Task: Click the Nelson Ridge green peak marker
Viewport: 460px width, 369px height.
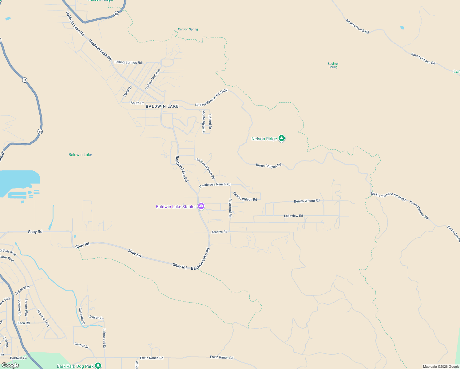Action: click(281, 138)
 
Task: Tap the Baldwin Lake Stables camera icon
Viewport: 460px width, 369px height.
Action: click(201, 206)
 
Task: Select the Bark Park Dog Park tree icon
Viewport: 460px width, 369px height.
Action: click(98, 365)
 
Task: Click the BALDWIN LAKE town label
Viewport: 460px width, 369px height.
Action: click(162, 106)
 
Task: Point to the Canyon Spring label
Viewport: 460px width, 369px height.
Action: click(188, 29)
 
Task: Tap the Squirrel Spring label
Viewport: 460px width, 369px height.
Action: click(333, 65)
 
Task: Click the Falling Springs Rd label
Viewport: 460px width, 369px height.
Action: click(128, 62)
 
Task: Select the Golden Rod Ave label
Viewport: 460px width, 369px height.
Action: click(153, 79)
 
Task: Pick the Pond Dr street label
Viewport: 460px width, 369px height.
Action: click(127, 92)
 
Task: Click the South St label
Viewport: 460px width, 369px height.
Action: click(137, 103)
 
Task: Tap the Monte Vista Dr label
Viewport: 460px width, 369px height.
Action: click(204, 122)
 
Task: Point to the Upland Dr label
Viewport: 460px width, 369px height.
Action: click(210, 122)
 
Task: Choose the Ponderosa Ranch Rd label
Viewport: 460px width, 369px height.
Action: click(215, 185)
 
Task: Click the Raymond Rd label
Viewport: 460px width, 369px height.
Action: click(230, 208)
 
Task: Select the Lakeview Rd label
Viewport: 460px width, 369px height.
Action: click(293, 216)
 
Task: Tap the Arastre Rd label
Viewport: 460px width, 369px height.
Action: click(220, 232)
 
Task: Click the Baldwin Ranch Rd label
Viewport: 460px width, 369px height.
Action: click(206, 169)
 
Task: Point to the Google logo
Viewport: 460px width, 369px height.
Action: click(10, 365)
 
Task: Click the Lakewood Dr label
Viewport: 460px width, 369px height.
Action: click(104, 339)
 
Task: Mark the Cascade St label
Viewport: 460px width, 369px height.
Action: click(82, 316)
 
